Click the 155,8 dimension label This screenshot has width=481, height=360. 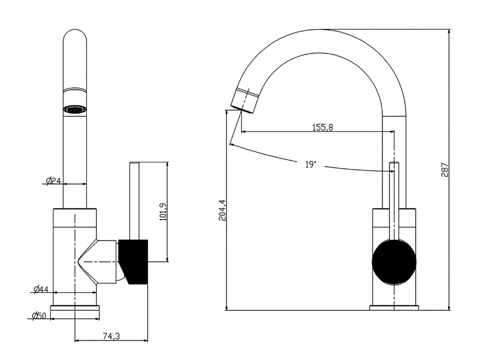323,127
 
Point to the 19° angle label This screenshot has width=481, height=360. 310,165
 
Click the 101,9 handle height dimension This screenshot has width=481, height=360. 163,212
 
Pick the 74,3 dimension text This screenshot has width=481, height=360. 111,336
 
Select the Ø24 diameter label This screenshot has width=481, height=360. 53,181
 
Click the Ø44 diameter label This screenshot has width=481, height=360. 41,289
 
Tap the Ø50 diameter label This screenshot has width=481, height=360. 39,315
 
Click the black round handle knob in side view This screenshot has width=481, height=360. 394,262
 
